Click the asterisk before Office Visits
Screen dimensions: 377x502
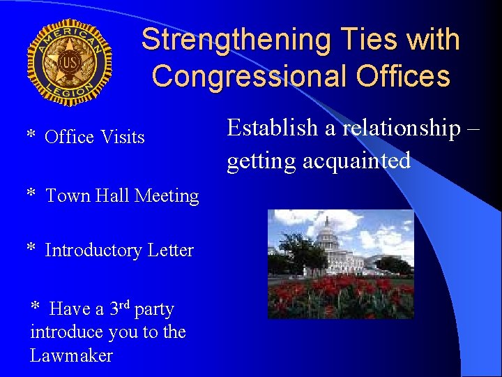31,135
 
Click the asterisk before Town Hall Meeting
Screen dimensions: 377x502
31,194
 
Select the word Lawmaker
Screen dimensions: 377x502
71,355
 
